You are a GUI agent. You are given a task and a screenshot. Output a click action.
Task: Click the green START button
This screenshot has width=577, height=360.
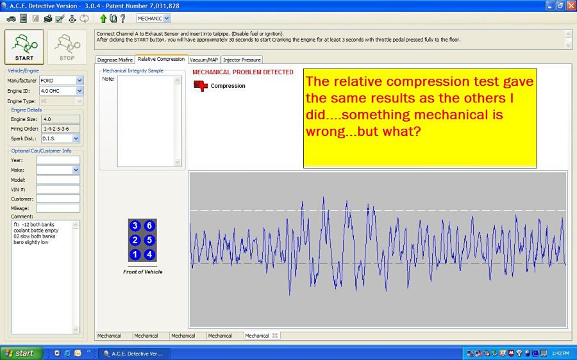[x=24, y=47]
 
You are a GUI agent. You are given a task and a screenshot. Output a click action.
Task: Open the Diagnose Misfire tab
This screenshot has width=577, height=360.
[x=115, y=60]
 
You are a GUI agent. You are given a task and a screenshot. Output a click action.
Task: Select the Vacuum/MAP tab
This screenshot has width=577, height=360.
[x=204, y=60]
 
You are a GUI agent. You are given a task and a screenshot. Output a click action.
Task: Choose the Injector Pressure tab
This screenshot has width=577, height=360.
[x=242, y=60]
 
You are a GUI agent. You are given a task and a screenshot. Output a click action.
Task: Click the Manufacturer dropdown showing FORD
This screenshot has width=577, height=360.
[x=61, y=81]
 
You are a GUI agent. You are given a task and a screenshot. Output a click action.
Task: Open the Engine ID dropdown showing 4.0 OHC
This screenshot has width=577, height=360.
[x=61, y=91]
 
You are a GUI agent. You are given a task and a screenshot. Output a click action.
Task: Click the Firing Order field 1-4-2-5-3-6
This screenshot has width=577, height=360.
[x=60, y=129]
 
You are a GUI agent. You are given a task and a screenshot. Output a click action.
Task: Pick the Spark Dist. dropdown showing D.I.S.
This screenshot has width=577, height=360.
[x=60, y=138]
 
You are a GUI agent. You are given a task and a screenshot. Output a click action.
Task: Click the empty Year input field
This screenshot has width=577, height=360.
[x=58, y=160]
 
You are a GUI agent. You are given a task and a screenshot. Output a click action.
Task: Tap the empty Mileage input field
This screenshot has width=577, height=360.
[x=58, y=208]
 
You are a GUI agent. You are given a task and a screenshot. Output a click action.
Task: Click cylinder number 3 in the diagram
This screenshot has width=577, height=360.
[x=135, y=225]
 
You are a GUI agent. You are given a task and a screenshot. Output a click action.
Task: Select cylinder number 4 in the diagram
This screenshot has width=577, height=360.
[x=149, y=254]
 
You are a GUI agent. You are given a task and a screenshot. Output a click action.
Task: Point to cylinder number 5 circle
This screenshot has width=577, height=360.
[x=149, y=240]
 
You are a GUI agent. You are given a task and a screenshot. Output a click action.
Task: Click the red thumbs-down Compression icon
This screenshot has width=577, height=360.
[x=201, y=86]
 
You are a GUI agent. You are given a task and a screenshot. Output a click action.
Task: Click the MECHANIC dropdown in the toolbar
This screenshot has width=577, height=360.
[x=153, y=19]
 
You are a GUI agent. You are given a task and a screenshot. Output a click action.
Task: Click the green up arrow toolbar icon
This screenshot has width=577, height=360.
[x=103, y=19]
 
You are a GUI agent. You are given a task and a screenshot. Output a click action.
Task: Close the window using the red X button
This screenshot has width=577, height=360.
[x=571, y=6]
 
